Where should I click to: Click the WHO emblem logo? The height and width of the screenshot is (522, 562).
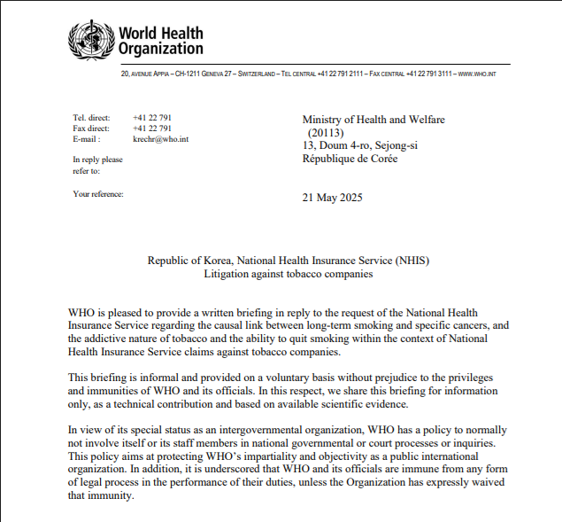tap(91, 40)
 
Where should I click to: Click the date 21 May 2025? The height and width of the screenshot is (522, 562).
tap(333, 197)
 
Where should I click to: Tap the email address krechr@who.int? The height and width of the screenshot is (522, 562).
tap(161, 139)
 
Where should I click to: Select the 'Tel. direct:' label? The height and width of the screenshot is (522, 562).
tap(92, 118)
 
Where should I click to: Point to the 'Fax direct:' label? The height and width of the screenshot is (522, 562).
tap(92, 129)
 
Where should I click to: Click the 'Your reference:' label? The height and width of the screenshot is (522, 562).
tap(98, 193)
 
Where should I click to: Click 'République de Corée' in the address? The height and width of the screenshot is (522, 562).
tap(350, 159)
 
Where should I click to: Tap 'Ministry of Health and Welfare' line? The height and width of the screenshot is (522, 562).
tap(373, 120)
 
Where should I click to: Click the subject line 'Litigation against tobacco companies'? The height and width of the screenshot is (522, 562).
tap(289, 274)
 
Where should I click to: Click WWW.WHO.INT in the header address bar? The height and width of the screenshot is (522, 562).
tap(477, 74)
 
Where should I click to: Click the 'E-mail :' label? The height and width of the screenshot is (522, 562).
tap(87, 139)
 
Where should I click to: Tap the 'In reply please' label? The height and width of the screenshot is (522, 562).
tap(97, 160)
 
